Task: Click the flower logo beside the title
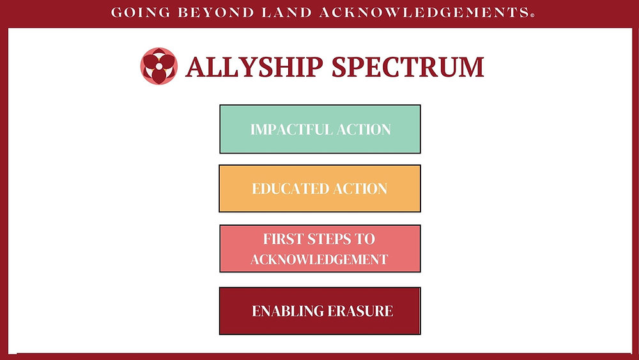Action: click(158, 66)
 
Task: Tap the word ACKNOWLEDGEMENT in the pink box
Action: click(319, 259)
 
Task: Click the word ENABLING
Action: click(288, 311)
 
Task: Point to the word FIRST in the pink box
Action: click(281, 239)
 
